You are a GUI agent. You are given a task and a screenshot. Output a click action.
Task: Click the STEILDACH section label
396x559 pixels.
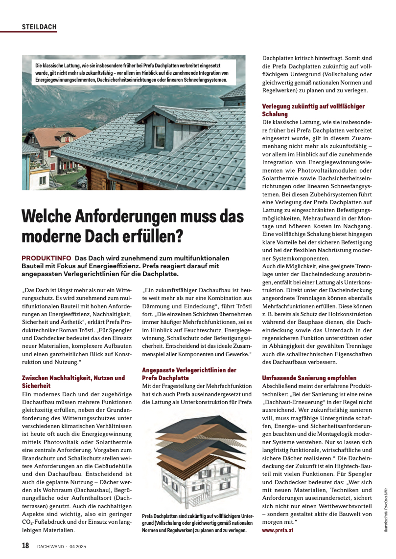39,27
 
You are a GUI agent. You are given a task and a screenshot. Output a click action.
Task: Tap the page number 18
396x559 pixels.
25,545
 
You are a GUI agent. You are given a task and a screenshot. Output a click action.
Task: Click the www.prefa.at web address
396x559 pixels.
278,530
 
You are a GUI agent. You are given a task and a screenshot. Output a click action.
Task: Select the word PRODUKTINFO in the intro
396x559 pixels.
47,258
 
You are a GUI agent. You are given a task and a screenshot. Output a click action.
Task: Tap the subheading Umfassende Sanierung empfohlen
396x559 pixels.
309,378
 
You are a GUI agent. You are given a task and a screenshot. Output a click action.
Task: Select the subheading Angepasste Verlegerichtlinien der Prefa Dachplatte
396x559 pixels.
189,374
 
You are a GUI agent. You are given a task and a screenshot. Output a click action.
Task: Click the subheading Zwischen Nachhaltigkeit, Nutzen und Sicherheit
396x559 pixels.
73,382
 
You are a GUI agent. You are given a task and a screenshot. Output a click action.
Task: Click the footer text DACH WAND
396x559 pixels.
50,546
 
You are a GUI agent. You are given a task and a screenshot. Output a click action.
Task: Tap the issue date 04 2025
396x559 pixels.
78,546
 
